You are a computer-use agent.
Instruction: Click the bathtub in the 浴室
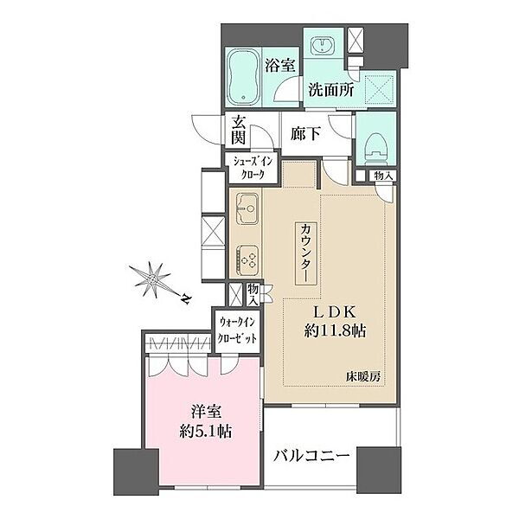click(243, 76)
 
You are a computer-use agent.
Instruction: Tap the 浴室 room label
click(279, 66)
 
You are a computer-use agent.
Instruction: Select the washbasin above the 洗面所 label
click(323, 45)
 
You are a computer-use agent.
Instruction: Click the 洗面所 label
click(331, 89)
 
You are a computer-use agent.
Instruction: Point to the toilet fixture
click(375, 149)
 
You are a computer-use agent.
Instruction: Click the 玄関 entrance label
click(239, 131)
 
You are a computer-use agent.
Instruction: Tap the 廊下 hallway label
click(305, 134)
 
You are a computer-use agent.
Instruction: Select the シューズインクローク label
click(253, 168)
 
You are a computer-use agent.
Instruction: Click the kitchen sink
click(247, 208)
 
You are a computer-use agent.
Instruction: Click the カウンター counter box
click(306, 253)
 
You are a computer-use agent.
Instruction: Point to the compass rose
click(152, 279)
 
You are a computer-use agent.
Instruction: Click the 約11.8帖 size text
click(335, 330)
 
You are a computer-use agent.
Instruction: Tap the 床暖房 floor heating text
click(363, 376)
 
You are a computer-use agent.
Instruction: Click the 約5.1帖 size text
click(206, 431)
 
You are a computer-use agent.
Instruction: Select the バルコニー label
click(311, 456)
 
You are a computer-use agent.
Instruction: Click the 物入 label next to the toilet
click(383, 176)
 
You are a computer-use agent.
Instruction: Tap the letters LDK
click(335, 311)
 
